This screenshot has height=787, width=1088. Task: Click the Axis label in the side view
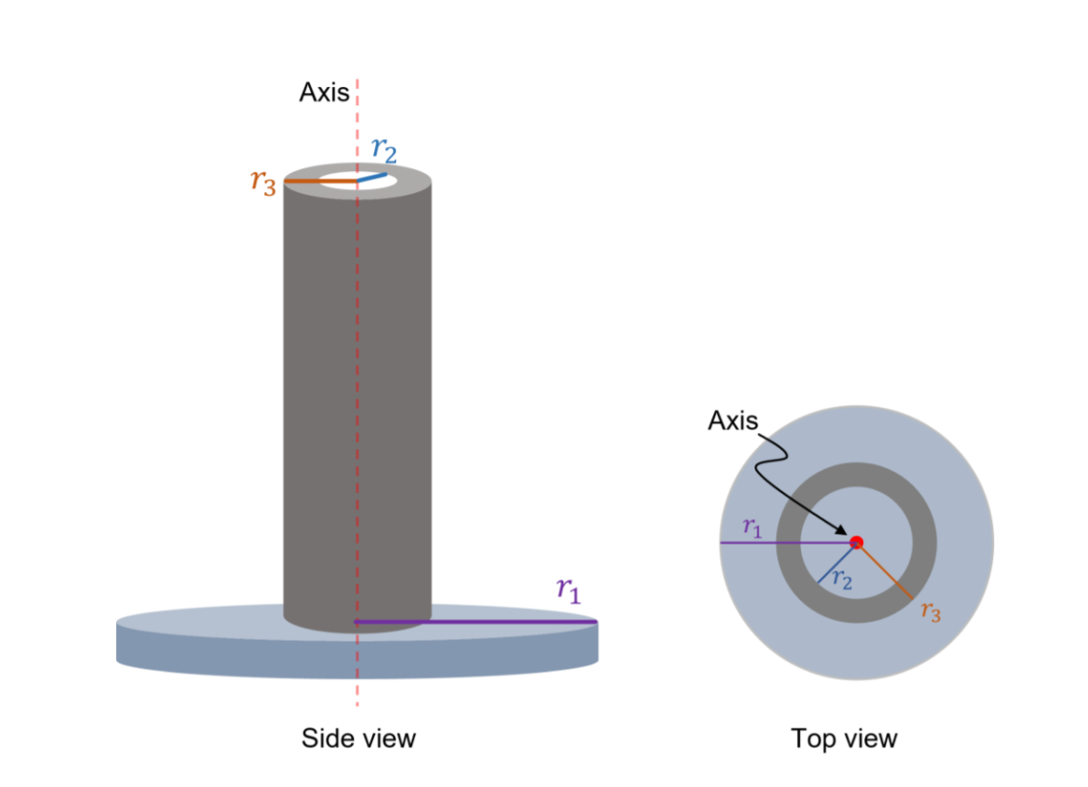tap(324, 92)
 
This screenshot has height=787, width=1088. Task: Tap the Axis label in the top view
tap(732, 420)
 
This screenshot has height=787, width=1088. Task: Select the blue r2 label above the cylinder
tap(384, 149)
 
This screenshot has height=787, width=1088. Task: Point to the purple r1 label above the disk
tap(568, 590)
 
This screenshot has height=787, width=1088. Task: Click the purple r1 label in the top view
tap(752, 526)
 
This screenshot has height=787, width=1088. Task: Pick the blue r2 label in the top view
tap(842, 580)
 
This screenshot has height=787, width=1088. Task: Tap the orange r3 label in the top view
tap(929, 611)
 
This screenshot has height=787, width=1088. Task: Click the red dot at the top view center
tap(857, 542)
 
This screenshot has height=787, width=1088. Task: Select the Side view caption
tap(358, 738)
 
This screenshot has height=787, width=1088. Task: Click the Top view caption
tap(844, 739)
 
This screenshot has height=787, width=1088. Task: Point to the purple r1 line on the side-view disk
tap(475, 622)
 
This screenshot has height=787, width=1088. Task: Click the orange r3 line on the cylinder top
tap(320, 181)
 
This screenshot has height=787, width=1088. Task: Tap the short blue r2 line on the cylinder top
tap(371, 178)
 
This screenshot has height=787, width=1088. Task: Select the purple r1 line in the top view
tap(786, 543)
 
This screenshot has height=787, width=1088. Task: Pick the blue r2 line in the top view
tap(837, 563)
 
